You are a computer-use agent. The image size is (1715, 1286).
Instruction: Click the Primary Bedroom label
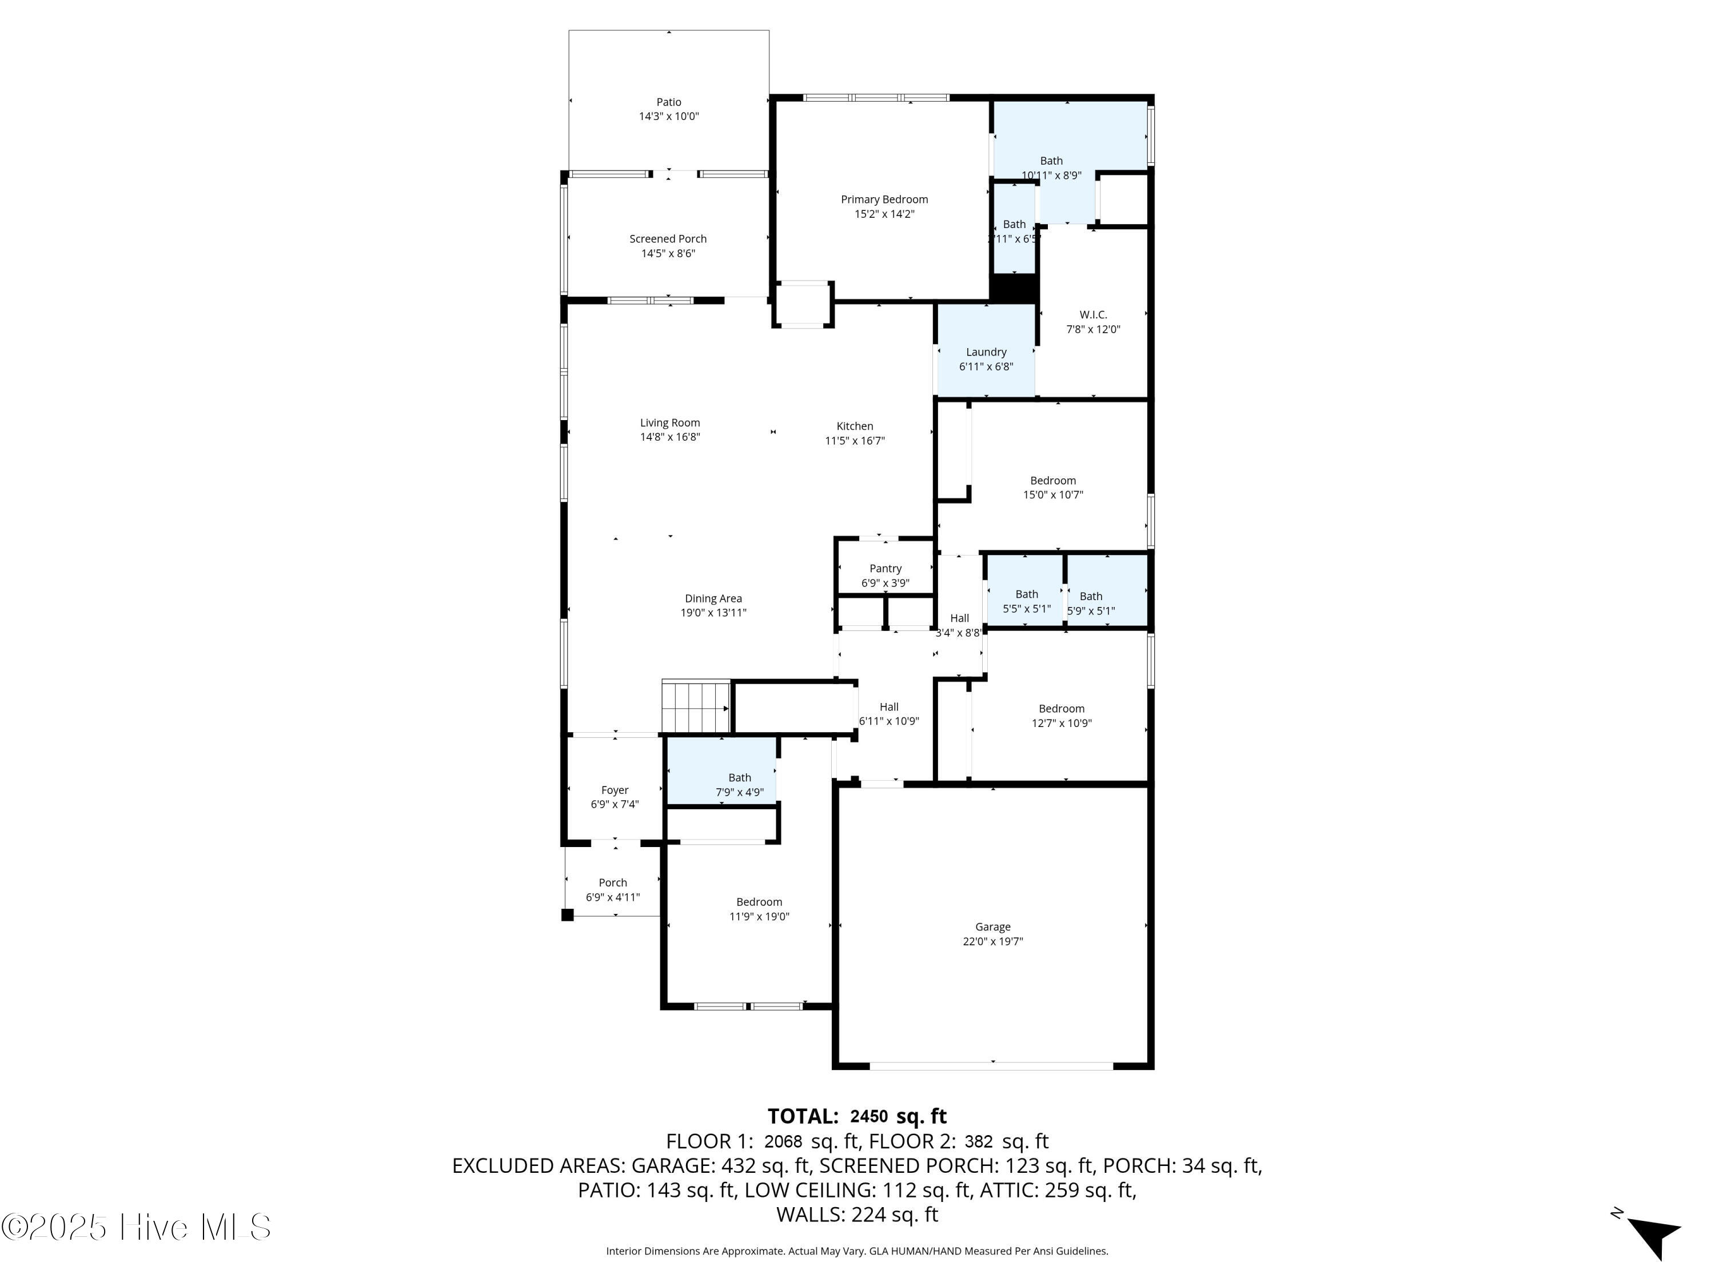point(884,199)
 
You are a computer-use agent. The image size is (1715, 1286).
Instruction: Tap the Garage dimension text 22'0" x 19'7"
point(992,941)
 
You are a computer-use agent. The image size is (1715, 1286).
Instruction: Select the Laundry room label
point(986,352)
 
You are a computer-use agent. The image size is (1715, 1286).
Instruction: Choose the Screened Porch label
point(668,239)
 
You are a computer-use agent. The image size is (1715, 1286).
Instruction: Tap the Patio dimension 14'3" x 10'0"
point(668,116)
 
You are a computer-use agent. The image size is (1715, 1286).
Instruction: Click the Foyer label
point(615,790)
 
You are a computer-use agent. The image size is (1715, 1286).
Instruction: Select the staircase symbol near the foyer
point(696,706)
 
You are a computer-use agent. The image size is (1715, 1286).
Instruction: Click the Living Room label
point(670,422)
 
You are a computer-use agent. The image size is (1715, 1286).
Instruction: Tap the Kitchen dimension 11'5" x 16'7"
point(855,440)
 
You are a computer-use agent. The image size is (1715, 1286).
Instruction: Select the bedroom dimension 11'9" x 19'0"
point(759,916)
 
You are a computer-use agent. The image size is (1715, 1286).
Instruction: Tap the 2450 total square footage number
point(868,1116)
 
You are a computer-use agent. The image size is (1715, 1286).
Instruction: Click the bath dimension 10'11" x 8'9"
point(1051,175)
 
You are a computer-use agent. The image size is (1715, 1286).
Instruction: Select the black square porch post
point(568,914)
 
